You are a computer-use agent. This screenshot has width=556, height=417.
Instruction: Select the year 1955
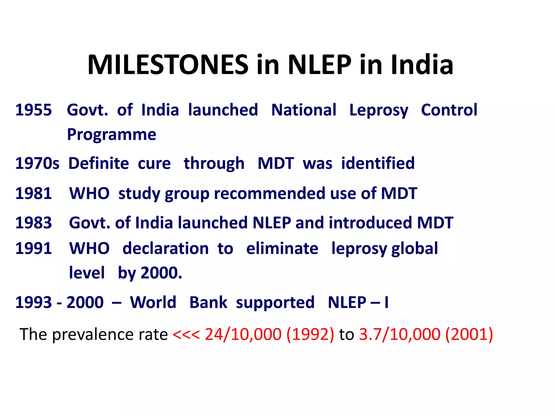(x=33, y=110)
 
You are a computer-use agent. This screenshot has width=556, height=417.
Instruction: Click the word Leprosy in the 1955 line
(x=378, y=110)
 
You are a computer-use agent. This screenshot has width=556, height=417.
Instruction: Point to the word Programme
(x=112, y=134)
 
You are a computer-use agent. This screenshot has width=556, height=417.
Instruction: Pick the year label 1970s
(x=37, y=163)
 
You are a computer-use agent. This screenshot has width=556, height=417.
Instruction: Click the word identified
(x=378, y=163)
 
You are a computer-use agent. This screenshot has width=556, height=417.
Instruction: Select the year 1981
(x=33, y=193)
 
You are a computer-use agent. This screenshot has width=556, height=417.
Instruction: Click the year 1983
(x=33, y=223)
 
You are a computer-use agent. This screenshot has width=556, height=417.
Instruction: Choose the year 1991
(x=33, y=248)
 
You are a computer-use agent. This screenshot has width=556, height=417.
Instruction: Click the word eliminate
(x=282, y=248)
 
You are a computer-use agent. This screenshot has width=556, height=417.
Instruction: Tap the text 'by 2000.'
(x=150, y=273)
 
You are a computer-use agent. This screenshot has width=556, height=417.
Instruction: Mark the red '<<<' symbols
(x=186, y=334)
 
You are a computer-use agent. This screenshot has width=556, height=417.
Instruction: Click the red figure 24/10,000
(x=243, y=334)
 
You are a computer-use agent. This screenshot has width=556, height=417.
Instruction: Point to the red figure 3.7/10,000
(x=399, y=334)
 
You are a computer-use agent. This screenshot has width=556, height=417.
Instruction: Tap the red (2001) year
(x=469, y=334)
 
